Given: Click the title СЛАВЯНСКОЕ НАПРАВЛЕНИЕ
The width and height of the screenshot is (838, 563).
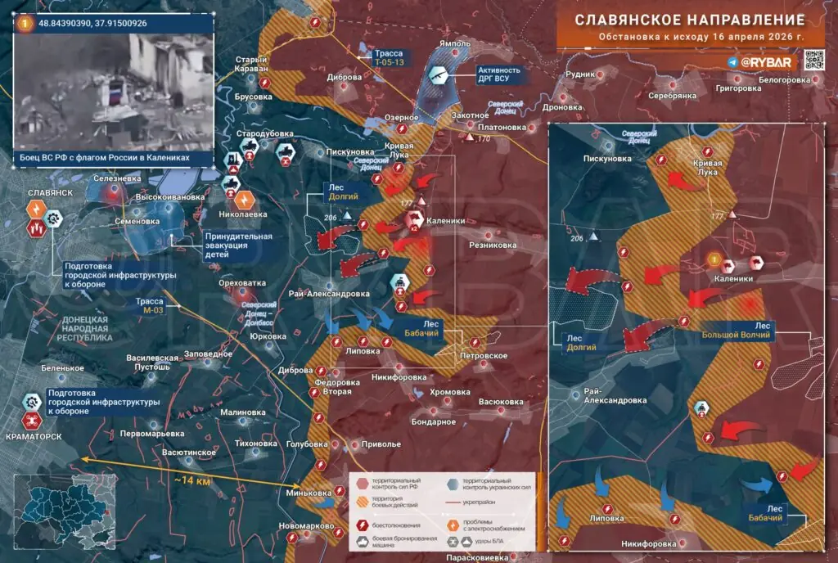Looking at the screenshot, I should point(689,19).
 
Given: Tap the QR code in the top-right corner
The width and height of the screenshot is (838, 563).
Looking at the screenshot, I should point(813,61).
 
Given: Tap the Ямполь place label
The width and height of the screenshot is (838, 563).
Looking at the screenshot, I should point(456,43).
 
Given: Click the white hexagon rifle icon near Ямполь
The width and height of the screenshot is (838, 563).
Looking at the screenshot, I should point(439,75).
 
